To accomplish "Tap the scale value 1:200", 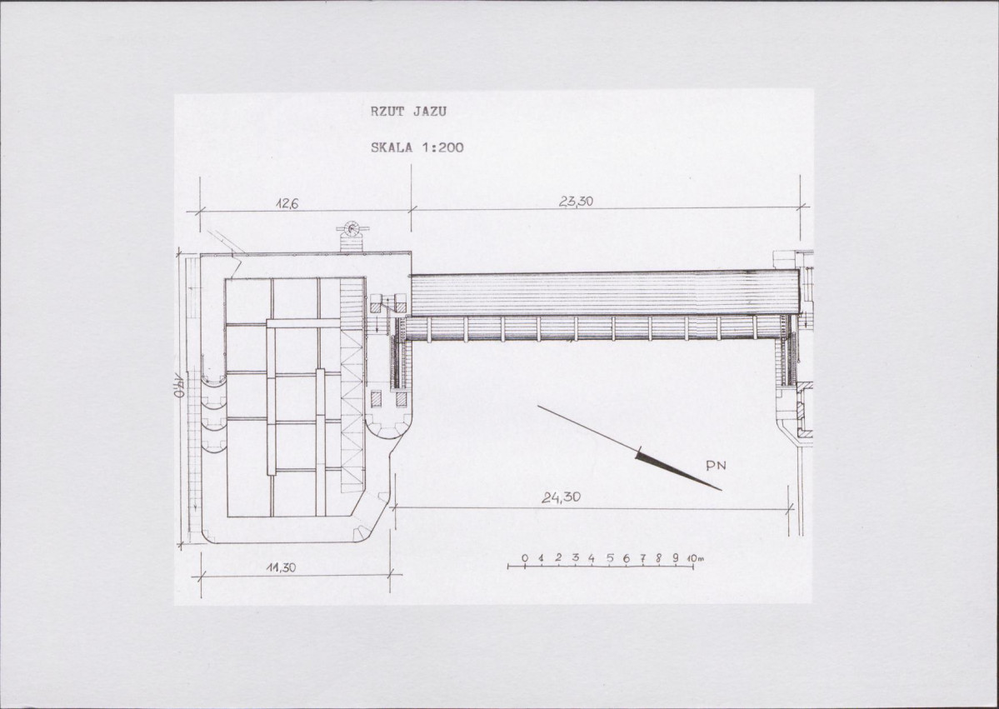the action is click(442, 147).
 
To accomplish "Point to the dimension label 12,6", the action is click(287, 203).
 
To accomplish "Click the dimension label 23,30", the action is click(576, 202).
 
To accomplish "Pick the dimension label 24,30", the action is click(562, 497).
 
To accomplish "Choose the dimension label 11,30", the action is click(281, 567).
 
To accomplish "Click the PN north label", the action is click(716, 466).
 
